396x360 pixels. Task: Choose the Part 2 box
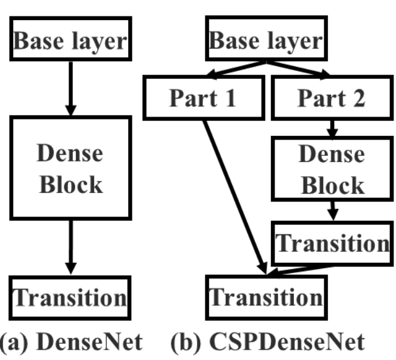pyautogui.click(x=331, y=99)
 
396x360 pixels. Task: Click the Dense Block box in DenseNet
pyautogui.click(x=70, y=168)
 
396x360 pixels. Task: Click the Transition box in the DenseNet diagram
pyautogui.click(x=70, y=298)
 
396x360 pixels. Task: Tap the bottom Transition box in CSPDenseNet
pyautogui.click(x=266, y=298)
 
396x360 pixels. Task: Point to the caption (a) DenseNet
pyautogui.click(x=70, y=341)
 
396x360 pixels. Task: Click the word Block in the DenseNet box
pyautogui.click(x=70, y=184)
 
